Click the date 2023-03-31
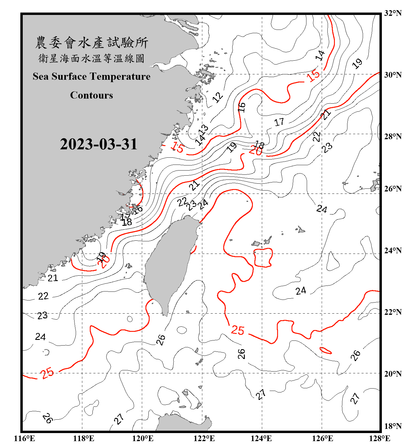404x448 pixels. (x=98, y=144)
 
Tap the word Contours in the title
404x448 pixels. (x=92, y=95)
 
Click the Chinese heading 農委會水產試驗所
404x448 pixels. (x=92, y=42)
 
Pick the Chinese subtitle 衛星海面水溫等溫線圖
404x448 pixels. (x=92, y=58)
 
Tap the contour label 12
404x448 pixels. (x=218, y=97)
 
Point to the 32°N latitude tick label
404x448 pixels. (x=393, y=13)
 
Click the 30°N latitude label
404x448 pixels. (x=393, y=75)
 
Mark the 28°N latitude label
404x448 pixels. (x=393, y=136)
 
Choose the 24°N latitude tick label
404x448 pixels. (x=393, y=250)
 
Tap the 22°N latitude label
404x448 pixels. (x=393, y=312)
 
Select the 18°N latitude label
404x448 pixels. (x=393, y=426)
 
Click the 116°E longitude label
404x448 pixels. (x=25, y=438)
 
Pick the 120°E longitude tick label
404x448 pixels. (x=143, y=438)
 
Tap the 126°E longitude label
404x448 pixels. (x=322, y=438)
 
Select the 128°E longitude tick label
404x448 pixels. (x=379, y=438)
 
